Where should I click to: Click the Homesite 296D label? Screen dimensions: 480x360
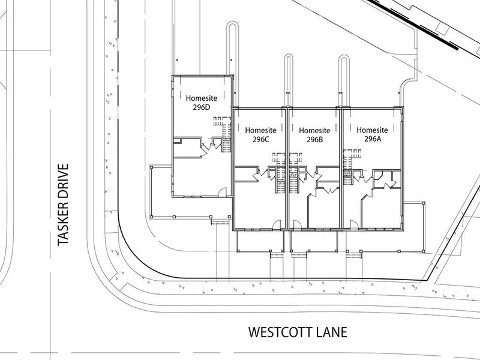click(202, 103)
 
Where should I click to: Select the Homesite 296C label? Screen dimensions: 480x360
click(260, 135)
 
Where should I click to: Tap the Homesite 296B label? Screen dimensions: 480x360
click(314, 135)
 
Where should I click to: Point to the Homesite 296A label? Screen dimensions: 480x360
click(372, 134)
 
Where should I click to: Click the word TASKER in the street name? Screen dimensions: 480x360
click(63, 224)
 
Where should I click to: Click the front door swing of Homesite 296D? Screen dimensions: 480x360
click(222, 192)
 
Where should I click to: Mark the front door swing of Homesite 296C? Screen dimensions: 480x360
click(277, 224)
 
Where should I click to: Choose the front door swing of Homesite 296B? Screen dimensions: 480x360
click(297, 224)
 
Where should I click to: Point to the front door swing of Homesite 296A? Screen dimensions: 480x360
click(354, 224)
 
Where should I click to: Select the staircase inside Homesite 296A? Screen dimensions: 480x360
click(347, 167)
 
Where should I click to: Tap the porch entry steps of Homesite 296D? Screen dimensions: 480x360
click(220, 221)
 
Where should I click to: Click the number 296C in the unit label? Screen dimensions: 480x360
click(261, 140)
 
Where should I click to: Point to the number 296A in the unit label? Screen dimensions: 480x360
click(373, 139)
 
